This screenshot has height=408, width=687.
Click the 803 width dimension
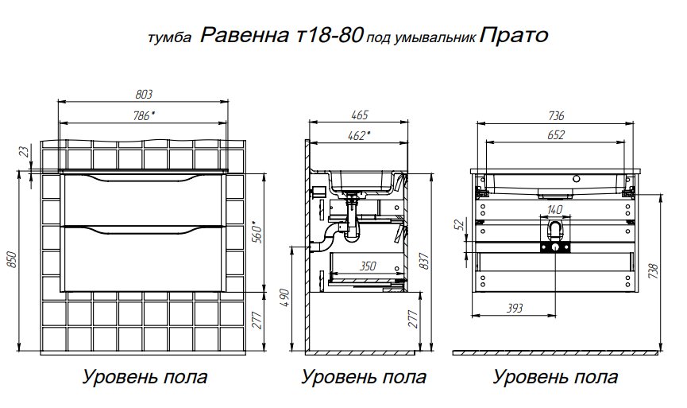(144, 95)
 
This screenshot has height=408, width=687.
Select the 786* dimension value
(144, 116)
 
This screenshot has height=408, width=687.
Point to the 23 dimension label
(25, 152)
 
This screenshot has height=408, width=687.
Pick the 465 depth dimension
(359, 115)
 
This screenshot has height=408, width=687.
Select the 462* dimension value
(359, 135)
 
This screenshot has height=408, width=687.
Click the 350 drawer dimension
(368, 266)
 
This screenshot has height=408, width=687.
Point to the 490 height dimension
(285, 298)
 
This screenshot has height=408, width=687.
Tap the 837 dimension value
(424, 262)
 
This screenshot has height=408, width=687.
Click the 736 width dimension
(556, 116)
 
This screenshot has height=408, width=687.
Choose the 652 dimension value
(556, 135)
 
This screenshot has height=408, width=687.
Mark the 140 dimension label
(554, 210)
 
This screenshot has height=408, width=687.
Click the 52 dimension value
(460, 225)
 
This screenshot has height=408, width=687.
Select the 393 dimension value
(515, 308)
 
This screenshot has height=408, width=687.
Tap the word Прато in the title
(514, 35)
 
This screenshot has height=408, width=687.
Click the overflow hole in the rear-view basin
(576, 179)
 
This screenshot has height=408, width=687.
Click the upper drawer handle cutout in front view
(144, 177)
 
